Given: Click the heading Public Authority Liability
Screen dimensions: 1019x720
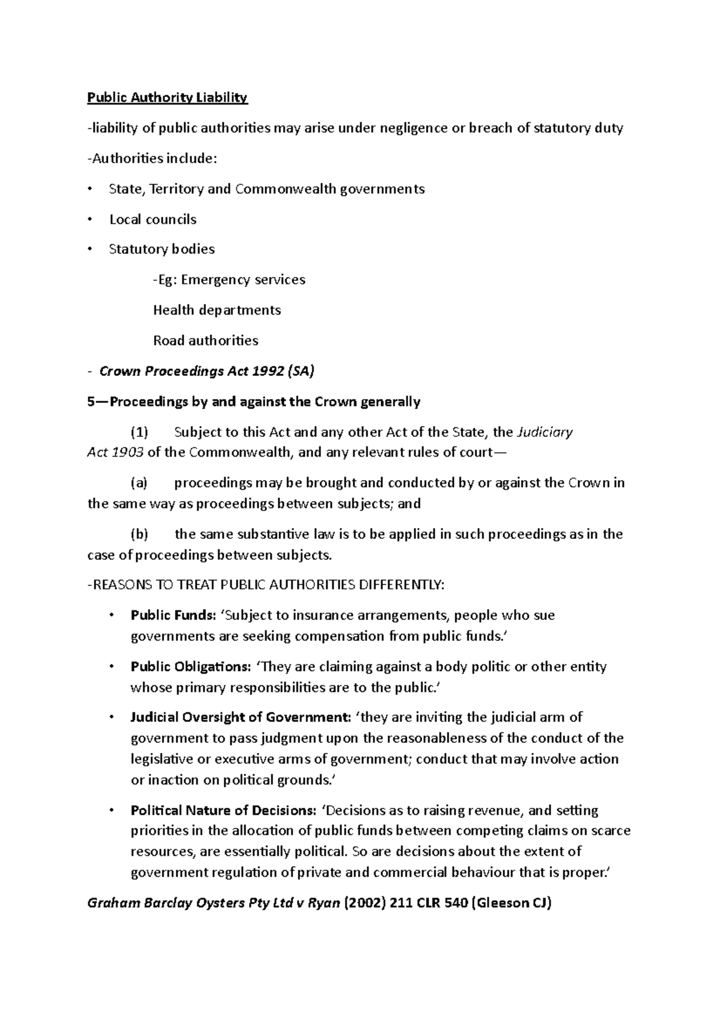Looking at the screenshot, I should coord(167,97).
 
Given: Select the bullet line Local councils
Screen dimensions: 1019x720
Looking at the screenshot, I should coord(152,220).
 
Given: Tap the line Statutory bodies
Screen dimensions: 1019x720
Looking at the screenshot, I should coord(161,249).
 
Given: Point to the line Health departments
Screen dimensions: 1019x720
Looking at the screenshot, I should coord(217,310).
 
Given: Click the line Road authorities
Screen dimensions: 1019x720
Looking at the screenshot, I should coord(205,341).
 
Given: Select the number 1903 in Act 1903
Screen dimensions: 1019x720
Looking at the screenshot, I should coord(128,452).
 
